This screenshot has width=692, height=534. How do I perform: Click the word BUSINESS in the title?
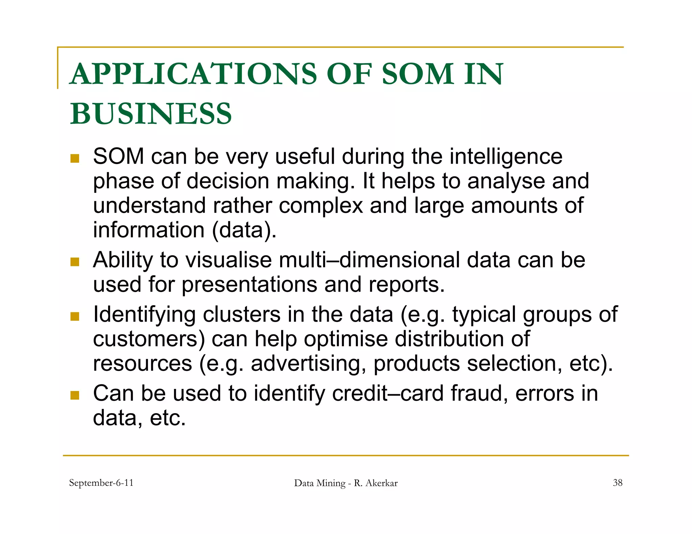click(x=151, y=113)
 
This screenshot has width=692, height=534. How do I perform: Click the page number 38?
click(x=617, y=483)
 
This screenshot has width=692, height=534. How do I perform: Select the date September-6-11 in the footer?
click(x=101, y=483)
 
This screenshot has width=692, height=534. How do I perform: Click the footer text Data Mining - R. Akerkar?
click(x=346, y=483)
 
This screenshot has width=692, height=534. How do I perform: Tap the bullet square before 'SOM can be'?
click(x=75, y=158)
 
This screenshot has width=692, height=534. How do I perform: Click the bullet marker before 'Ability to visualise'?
click(x=75, y=262)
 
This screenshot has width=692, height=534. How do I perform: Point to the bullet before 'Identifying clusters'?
click(x=75, y=316)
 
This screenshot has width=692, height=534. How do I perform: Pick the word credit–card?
click(x=388, y=394)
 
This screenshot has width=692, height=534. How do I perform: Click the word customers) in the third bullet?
click(x=149, y=339)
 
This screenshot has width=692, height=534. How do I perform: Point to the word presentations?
click(x=249, y=285)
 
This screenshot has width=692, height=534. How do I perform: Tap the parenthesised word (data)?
click(x=244, y=230)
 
